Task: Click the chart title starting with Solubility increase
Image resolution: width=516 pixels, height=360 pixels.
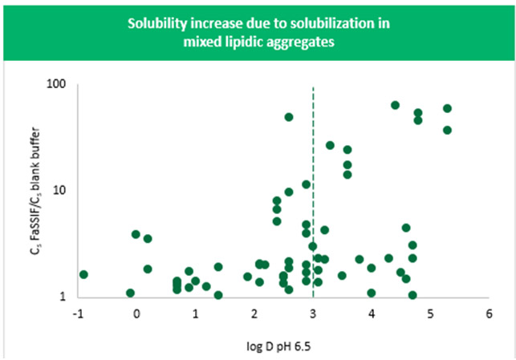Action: (258, 31)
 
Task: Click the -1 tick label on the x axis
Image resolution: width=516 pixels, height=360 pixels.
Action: (77, 313)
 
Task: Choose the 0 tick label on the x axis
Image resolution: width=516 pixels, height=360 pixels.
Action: (136, 313)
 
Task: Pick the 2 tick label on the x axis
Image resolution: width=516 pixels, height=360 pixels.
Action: (254, 313)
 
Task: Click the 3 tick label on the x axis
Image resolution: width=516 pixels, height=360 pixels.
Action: (313, 313)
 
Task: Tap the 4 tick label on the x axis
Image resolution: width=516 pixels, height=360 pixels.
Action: (372, 313)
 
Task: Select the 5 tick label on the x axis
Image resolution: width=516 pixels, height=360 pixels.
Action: (430, 313)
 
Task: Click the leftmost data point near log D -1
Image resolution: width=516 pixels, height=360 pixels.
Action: (83, 274)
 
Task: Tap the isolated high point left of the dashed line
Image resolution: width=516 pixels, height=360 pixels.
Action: (289, 117)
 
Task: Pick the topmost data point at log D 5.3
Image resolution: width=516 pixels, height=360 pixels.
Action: (448, 108)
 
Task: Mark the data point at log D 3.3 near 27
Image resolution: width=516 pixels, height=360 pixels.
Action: (330, 145)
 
